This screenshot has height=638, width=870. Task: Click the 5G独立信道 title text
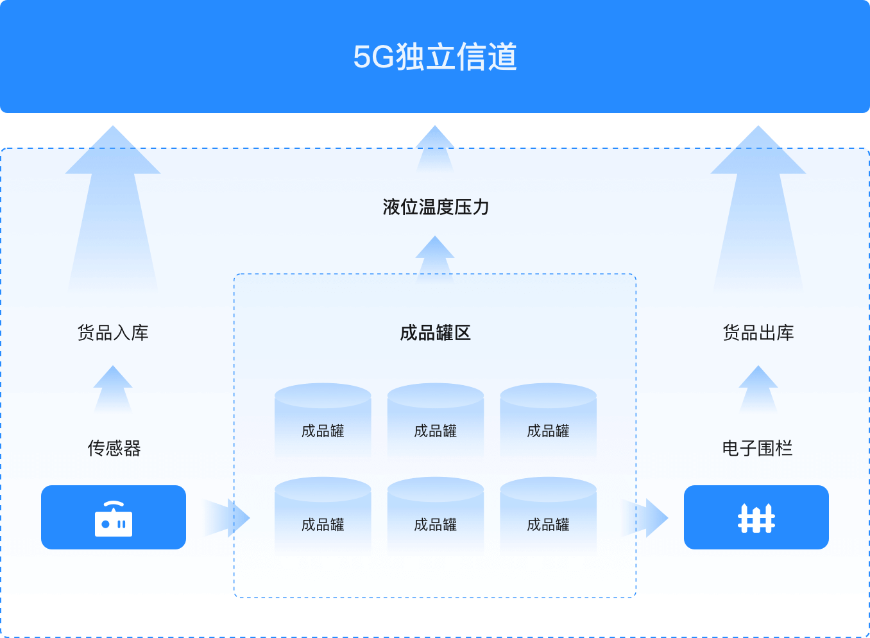tap(435, 56)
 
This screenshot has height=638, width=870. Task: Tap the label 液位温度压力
tap(436, 207)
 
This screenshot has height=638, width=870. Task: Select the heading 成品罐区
tap(435, 332)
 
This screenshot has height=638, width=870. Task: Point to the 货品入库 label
tap(113, 332)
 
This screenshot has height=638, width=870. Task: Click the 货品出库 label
tap(758, 332)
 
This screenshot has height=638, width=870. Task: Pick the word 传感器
tap(114, 448)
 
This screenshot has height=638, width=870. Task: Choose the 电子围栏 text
tap(757, 448)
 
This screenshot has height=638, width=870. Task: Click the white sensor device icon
tap(114, 519)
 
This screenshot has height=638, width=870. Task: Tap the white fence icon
tap(756, 518)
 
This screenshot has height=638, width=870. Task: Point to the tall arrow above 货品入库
tap(113, 205)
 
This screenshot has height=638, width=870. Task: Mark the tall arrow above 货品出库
tap(758, 205)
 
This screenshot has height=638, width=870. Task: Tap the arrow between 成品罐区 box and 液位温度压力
tap(435, 257)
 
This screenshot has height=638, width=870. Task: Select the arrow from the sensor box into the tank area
tap(228, 517)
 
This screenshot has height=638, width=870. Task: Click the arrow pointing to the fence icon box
tap(646, 517)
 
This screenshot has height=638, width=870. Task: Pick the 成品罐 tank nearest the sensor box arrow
tap(323, 517)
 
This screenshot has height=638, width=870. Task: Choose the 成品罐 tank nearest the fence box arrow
tap(548, 517)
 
